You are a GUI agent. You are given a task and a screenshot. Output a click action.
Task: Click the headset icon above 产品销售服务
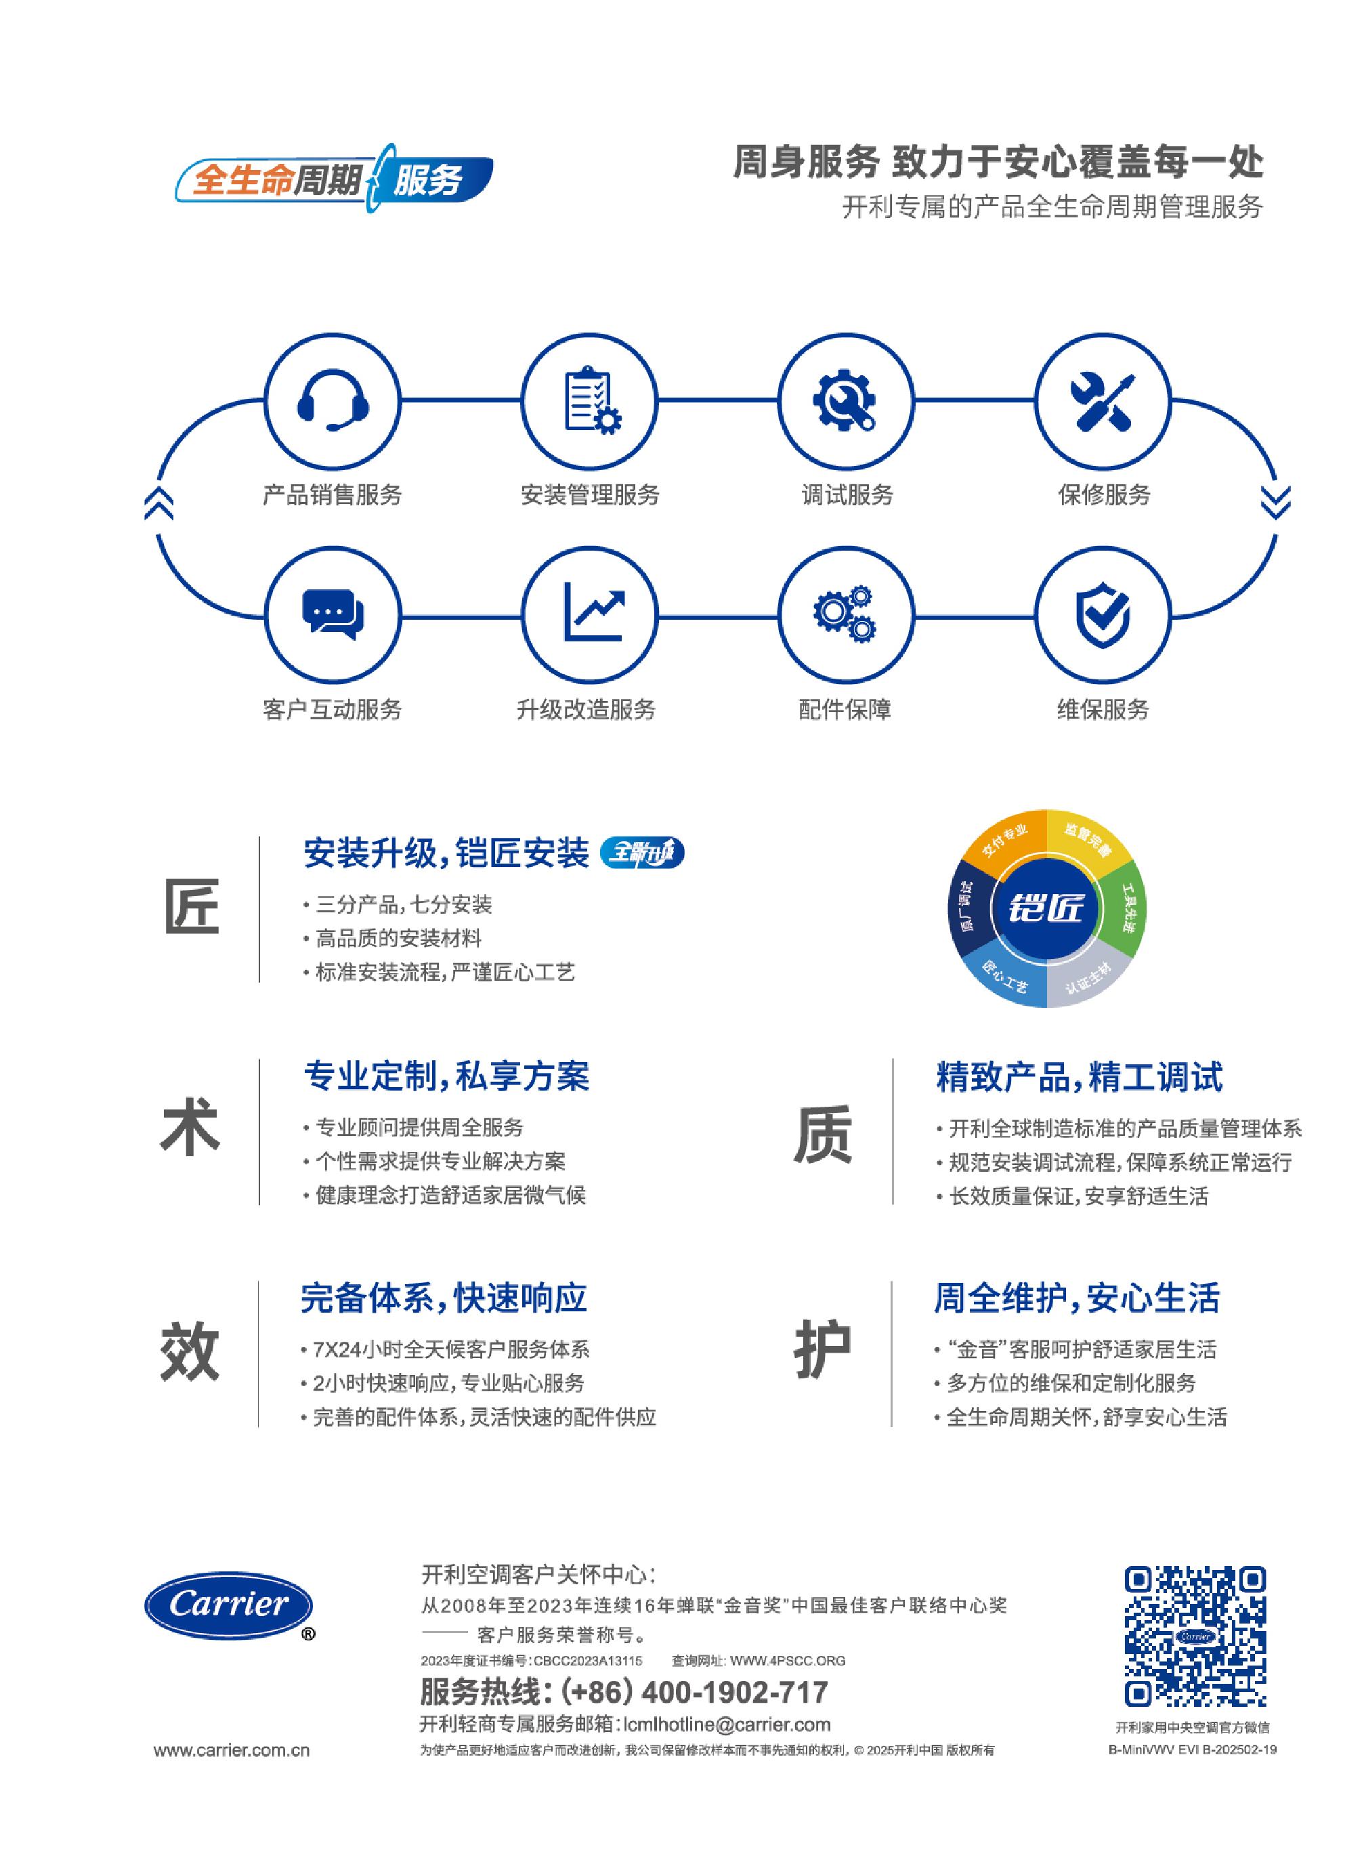point(332,401)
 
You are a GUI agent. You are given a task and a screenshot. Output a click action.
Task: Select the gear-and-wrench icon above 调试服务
point(845,400)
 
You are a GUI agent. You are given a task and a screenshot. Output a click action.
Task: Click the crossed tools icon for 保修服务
point(1103,401)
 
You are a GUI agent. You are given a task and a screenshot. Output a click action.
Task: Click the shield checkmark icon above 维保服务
point(1103,615)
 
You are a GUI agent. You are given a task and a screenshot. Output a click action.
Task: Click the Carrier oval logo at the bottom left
point(230,1606)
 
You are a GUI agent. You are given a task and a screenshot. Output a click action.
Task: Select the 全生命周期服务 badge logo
point(334,176)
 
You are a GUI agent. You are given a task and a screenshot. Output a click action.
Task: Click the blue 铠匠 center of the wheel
point(1045,908)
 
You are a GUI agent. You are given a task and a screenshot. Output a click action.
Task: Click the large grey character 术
point(189,1128)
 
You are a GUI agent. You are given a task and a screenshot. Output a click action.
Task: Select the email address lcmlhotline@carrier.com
point(727,1724)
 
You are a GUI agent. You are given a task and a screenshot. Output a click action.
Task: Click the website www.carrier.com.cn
point(231,1750)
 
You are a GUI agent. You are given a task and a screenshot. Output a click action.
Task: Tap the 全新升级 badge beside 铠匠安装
point(641,852)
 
